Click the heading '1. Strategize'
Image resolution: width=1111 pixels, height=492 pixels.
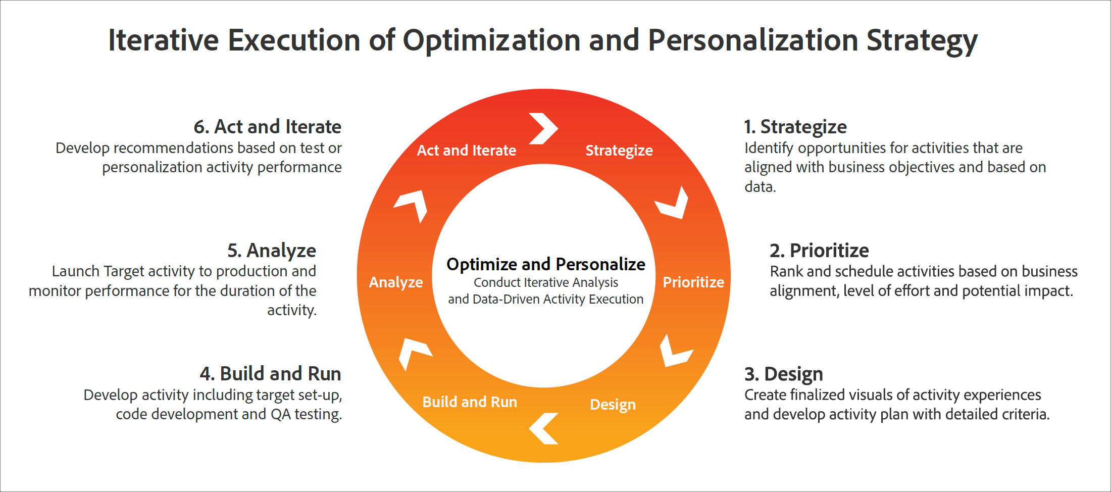(x=795, y=127)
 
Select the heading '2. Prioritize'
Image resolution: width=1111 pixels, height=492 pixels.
(x=819, y=251)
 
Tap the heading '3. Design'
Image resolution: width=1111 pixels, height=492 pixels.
(x=783, y=374)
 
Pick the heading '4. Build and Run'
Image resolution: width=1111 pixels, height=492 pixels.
(x=270, y=374)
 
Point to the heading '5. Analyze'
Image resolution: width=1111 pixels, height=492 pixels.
(x=272, y=251)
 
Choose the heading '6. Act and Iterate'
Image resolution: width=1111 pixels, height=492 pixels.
(x=267, y=127)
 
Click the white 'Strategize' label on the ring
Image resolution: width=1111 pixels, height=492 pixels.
(x=619, y=151)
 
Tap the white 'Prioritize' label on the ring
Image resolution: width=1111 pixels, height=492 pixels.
(x=693, y=282)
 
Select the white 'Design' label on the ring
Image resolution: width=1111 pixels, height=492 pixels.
(x=613, y=405)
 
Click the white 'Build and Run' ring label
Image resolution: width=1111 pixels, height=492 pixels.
(x=470, y=402)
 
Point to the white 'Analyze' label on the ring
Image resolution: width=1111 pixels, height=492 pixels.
(x=396, y=282)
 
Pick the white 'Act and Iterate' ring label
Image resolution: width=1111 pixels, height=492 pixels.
(x=466, y=151)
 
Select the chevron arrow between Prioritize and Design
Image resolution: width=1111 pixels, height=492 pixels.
(x=674, y=352)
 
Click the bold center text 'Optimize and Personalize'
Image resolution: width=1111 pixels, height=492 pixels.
(x=545, y=264)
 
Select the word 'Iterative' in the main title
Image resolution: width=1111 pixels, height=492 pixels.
(x=163, y=40)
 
